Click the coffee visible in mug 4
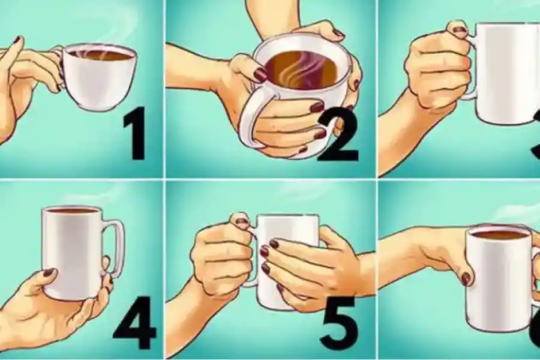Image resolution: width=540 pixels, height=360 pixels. (x=73, y=211)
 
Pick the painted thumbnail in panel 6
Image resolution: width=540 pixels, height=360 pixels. (x=466, y=278)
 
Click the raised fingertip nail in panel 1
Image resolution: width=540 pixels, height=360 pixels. (x=18, y=40)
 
